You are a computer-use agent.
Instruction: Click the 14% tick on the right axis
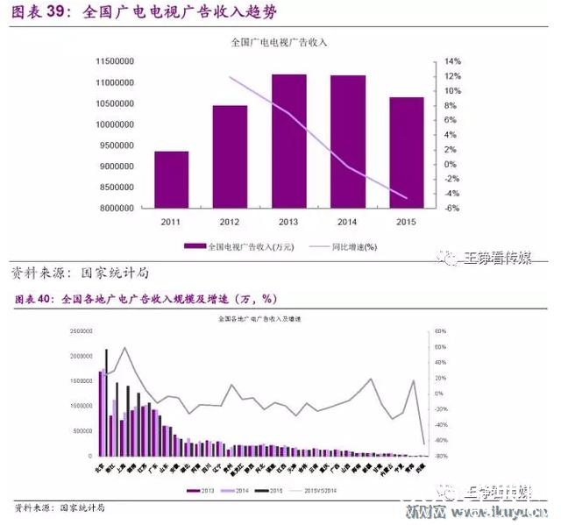click(452, 62)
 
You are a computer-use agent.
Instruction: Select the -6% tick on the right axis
click(452, 209)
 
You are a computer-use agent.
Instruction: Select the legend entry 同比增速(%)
click(354, 246)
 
